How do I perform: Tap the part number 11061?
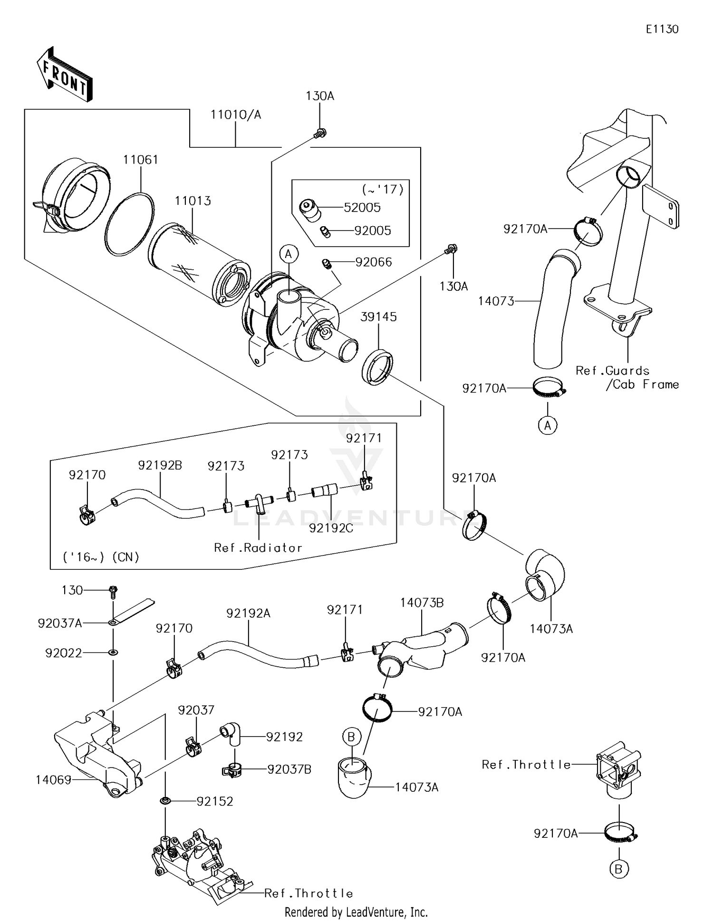[x=141, y=160]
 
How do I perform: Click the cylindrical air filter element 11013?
[x=199, y=260]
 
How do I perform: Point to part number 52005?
[x=363, y=207]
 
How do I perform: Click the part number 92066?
[x=374, y=262]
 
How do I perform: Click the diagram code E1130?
[x=662, y=29]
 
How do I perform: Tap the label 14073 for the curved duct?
[x=496, y=301]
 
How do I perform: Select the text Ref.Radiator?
[x=258, y=547]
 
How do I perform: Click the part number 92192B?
[x=160, y=465]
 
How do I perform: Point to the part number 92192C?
[x=331, y=528]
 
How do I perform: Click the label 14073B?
[x=422, y=603]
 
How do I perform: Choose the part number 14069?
[x=53, y=780]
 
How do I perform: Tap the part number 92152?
[x=215, y=801]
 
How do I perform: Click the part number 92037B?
[x=289, y=769]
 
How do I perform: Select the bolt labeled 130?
[x=113, y=591]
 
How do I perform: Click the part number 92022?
[x=63, y=653]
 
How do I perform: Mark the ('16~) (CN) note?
[x=101, y=557]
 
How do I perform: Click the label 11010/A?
[x=236, y=115]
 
